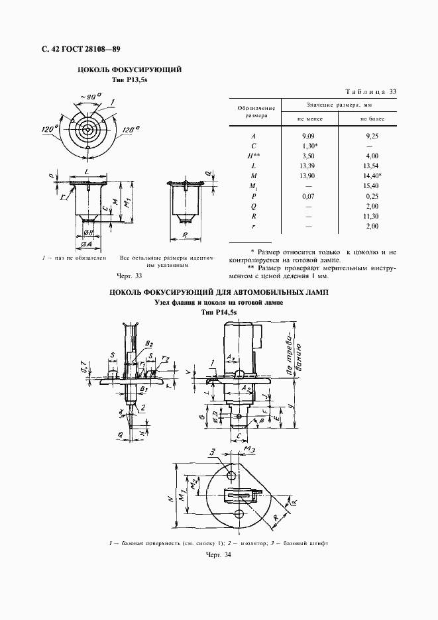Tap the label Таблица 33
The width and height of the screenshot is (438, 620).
tap(370, 91)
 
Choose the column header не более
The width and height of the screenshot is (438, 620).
tap(372, 118)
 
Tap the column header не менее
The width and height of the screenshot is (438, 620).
tap(309, 118)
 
